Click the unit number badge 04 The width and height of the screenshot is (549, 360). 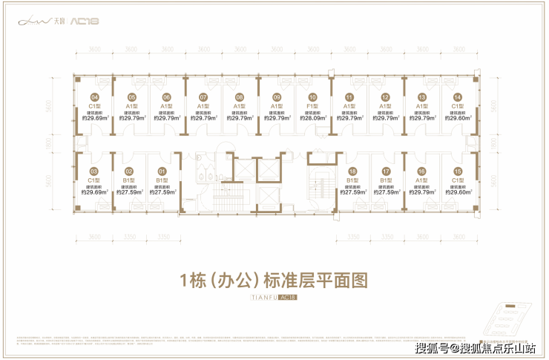pyautogui.click(x=94, y=97)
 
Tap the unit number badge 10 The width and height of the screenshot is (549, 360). pyautogui.click(x=312, y=97)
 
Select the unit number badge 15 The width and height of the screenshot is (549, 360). pyautogui.click(x=458, y=171)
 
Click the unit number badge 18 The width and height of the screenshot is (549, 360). pyautogui.click(x=349, y=171)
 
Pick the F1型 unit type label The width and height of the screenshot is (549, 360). pyautogui.click(x=312, y=106)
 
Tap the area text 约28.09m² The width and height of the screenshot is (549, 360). pyautogui.click(x=312, y=118)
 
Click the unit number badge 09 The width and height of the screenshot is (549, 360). pyautogui.click(x=276, y=97)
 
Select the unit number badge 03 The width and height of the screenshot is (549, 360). pyautogui.click(x=94, y=171)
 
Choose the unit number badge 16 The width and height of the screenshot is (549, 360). pyautogui.click(x=421, y=171)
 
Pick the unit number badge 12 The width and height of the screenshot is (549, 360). pyautogui.click(x=385, y=97)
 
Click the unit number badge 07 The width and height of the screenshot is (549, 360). pyautogui.click(x=203, y=97)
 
